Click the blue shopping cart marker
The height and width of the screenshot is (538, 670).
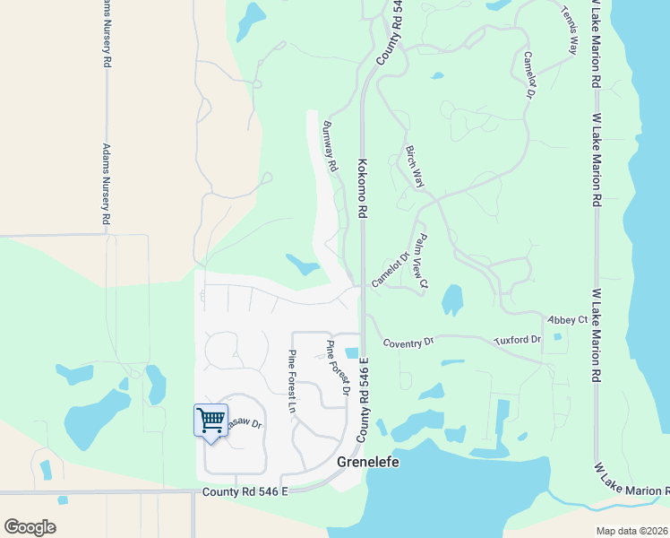pos(210,420)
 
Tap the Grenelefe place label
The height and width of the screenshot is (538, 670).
pos(367,463)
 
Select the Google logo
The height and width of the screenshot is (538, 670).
pos(30,527)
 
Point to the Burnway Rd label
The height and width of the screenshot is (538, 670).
pos(329,146)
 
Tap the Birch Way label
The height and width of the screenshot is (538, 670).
pos(414,166)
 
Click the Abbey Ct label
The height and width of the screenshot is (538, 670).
pos(567,319)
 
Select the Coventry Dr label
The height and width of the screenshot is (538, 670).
pos(408,342)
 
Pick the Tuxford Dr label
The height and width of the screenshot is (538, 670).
pos(518,341)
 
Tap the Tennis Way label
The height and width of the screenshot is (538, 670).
pos(571,20)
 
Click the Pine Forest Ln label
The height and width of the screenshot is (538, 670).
pos(291,380)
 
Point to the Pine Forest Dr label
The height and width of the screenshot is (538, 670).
pos(336,369)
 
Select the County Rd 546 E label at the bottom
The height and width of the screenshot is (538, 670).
pos(245,491)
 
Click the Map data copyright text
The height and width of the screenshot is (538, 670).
pos(631,531)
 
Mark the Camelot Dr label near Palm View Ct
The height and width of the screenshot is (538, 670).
pos(391,269)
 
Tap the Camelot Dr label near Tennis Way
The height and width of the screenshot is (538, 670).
pos(528,74)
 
